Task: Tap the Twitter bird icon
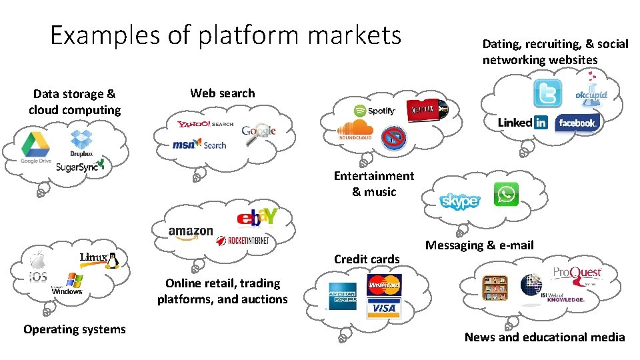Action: (547, 94)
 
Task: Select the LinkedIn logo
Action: (522, 123)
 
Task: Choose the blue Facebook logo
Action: (577, 123)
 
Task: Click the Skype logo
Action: (459, 201)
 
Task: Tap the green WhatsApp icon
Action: (506, 195)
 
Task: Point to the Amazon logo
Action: (191, 231)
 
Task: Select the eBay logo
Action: (256, 218)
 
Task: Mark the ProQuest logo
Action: (577, 273)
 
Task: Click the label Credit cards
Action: (367, 259)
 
